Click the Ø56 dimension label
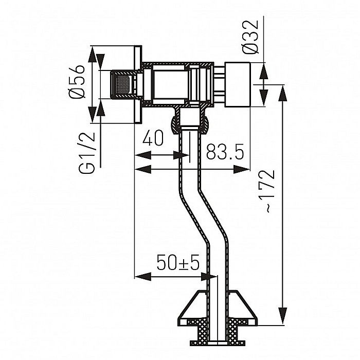point(77,84)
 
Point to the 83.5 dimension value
point(224,153)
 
